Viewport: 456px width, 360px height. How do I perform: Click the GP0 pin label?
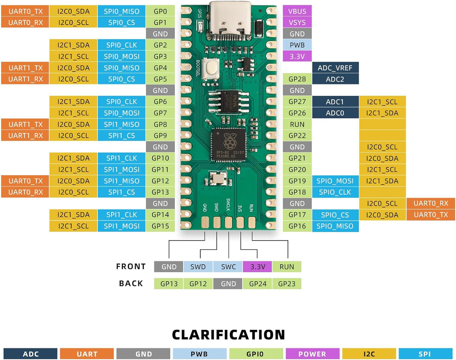point(160,11)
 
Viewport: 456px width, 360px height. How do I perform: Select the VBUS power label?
point(297,11)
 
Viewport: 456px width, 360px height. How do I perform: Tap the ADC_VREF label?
point(335,68)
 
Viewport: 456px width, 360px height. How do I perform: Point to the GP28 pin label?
point(297,79)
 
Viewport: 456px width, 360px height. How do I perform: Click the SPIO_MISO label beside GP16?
point(335,226)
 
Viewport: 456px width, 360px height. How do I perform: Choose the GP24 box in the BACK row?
point(257,284)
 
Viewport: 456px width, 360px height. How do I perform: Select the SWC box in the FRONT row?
point(228,267)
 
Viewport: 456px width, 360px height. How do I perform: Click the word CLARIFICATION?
point(228,335)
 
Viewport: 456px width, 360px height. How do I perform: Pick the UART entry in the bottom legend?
point(87,354)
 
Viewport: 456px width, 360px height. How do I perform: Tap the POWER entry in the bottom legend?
point(312,354)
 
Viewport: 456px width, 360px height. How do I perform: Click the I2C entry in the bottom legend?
point(369,354)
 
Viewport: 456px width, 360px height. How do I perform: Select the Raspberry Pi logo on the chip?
point(228,143)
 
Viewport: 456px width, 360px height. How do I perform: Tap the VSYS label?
point(297,23)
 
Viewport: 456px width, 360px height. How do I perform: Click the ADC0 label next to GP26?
point(335,113)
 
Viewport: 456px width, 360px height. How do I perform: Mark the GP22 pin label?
point(297,136)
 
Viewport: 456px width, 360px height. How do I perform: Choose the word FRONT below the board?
point(131,266)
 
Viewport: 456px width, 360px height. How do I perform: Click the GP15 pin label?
point(160,226)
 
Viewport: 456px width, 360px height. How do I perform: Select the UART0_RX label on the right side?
point(431,203)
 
